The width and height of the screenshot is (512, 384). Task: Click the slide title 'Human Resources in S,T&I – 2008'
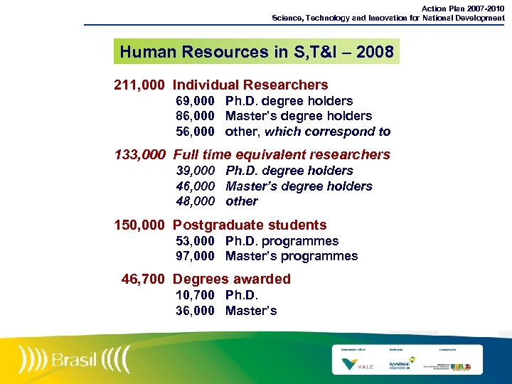[x=256, y=51]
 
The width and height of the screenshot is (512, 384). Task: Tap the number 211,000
[x=139, y=85]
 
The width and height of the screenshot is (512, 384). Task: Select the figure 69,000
[x=196, y=101]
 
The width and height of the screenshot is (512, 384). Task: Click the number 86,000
[x=196, y=116]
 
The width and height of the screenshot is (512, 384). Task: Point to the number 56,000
[x=196, y=132]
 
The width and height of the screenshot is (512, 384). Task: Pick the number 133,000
[x=139, y=154]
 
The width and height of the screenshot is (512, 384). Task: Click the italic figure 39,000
[x=196, y=171]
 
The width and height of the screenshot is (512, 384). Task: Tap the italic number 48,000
[x=196, y=201]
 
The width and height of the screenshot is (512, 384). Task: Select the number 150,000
[x=139, y=225]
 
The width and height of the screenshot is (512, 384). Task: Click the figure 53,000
[x=196, y=241]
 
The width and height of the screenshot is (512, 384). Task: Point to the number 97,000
[x=196, y=256]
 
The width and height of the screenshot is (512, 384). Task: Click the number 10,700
[x=196, y=295]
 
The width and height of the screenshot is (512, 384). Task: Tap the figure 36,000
[x=196, y=311]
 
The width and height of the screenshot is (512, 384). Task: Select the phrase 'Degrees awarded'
[x=232, y=279]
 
